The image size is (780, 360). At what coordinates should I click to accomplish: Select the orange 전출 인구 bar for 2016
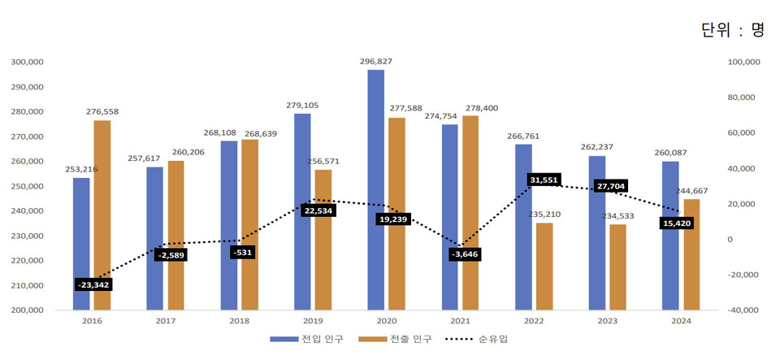pyautogui.click(x=102, y=215)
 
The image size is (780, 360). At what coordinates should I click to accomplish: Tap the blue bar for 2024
pyautogui.click(x=670, y=236)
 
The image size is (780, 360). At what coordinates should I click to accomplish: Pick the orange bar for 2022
pyautogui.click(x=544, y=266)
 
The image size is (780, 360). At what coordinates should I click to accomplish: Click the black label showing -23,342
pyautogui.click(x=94, y=284)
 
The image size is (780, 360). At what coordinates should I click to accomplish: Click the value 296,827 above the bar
pyautogui.click(x=375, y=61)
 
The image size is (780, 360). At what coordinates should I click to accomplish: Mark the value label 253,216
pyautogui.click(x=81, y=169)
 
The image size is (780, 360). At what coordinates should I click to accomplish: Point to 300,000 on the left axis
pyautogui.click(x=27, y=62)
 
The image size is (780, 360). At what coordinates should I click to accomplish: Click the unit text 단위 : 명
pyautogui.click(x=732, y=30)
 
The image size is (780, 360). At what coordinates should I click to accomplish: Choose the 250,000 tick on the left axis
pyautogui.click(x=27, y=186)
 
